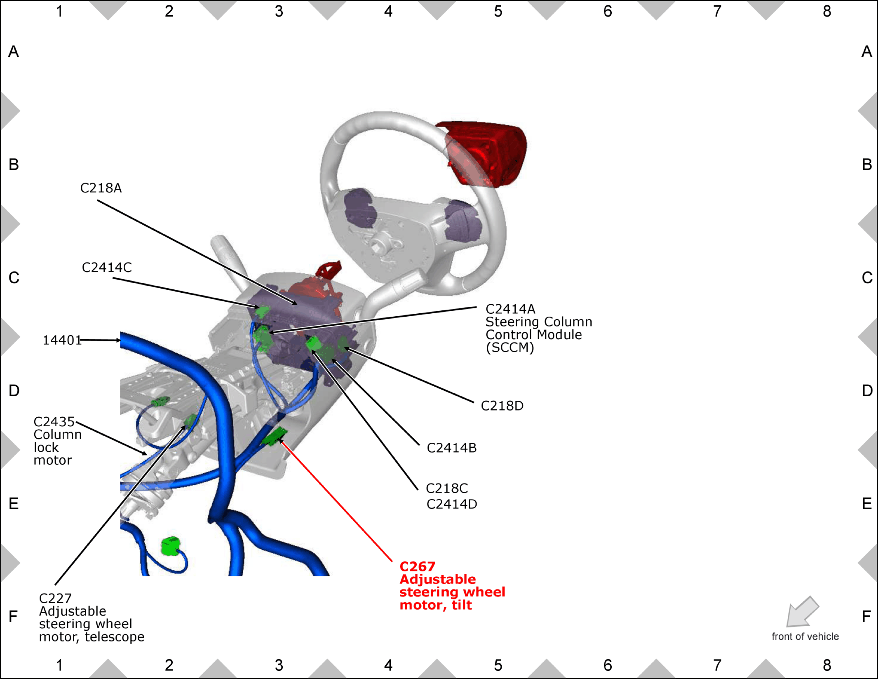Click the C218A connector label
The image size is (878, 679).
coord(101,188)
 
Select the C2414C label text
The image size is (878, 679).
coord(107,268)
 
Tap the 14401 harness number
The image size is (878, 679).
coord(62,340)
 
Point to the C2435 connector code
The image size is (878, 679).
coord(54,422)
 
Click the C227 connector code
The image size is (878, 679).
coord(55,598)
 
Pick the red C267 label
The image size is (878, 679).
coord(418,566)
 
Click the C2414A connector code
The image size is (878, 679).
coord(510,309)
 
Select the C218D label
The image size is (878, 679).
coord(502,406)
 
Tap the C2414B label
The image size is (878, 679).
coord(452,448)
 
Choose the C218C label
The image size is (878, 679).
coord(447,488)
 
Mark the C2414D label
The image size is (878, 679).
coord(452,504)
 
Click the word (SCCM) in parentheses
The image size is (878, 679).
coord(510,348)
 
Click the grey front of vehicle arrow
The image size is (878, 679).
coord(802,612)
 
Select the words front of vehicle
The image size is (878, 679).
coord(805,637)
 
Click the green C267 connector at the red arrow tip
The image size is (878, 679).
coord(274,436)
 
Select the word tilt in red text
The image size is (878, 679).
coord(462,605)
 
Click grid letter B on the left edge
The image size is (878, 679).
coord(14,164)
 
